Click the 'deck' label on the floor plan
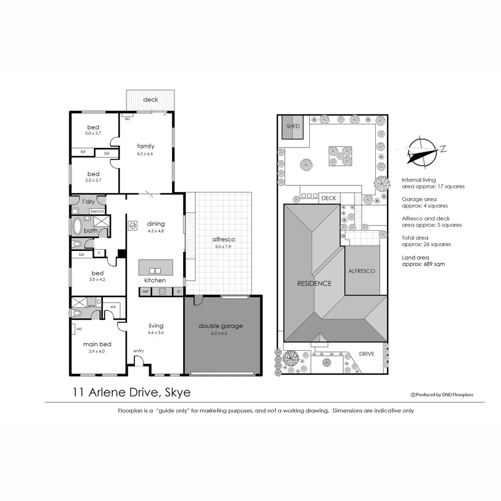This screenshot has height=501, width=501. click(x=150, y=99)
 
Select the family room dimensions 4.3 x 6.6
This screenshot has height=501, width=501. click(x=145, y=154)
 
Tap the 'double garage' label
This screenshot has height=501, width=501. click(x=221, y=326)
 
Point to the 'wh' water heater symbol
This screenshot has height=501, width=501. click(x=133, y=226)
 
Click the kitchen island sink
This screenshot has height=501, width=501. click(x=154, y=270)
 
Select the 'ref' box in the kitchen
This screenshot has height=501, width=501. click(x=145, y=292)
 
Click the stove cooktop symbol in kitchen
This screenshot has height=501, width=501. click(x=162, y=292)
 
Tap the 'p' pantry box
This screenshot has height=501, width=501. click(x=179, y=292)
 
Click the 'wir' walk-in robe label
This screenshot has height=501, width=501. click(x=113, y=307)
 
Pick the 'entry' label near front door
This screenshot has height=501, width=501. click(x=138, y=351)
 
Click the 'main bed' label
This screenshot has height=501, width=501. click(x=97, y=344)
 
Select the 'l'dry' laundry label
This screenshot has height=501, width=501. click(x=88, y=202)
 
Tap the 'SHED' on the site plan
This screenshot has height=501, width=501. click(x=293, y=126)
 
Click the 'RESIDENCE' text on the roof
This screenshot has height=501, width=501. click(x=315, y=283)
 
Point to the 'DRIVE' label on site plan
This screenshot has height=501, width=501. click(x=366, y=354)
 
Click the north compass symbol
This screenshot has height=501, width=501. click(x=421, y=152)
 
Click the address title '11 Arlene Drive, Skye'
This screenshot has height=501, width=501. click(x=131, y=392)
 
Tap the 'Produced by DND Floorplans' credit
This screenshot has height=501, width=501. click(x=442, y=395)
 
